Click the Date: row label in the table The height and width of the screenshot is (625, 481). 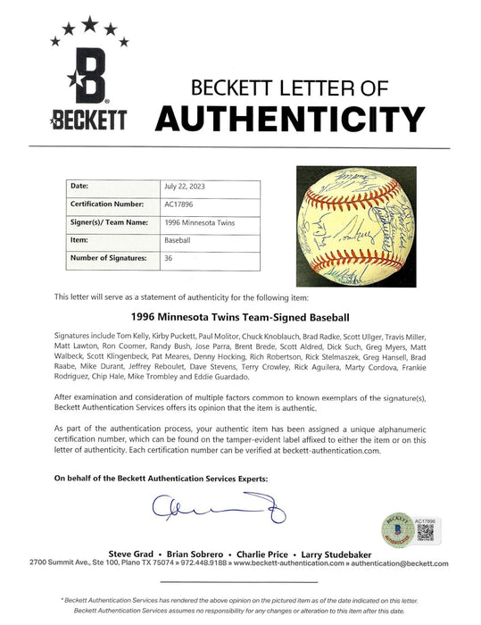click(x=79, y=186)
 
